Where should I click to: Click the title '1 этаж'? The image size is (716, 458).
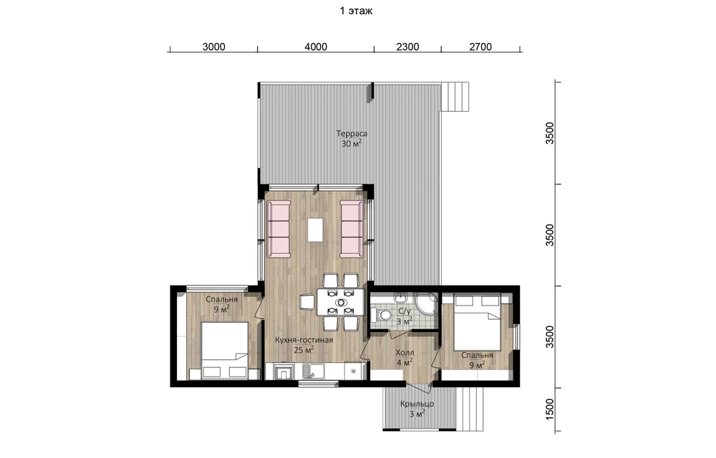point(356,11)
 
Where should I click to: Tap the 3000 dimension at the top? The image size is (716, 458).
point(213,47)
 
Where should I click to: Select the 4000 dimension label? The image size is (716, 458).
point(316,47)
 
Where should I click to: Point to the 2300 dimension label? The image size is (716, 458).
point(407,47)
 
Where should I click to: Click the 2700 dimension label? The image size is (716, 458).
point(480,47)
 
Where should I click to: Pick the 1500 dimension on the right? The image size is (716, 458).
point(549,409)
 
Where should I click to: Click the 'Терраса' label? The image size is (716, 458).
point(352,134)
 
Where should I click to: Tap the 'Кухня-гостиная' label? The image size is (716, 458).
point(304,340)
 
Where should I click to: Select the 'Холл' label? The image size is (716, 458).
point(405,353)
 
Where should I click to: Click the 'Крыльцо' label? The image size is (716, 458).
point(417,404)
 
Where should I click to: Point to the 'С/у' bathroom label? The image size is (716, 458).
point(404,311)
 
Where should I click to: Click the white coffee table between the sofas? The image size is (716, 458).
point(315,230)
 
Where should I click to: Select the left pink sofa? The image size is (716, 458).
point(279,228)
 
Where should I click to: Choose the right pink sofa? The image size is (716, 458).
point(352,228)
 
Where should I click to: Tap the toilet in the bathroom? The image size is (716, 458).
point(382,314)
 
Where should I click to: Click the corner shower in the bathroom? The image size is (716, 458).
point(427,304)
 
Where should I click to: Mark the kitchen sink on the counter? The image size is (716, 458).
point(311,371)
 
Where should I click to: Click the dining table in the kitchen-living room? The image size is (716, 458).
point(341,301)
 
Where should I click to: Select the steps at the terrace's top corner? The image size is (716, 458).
point(455,97)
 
